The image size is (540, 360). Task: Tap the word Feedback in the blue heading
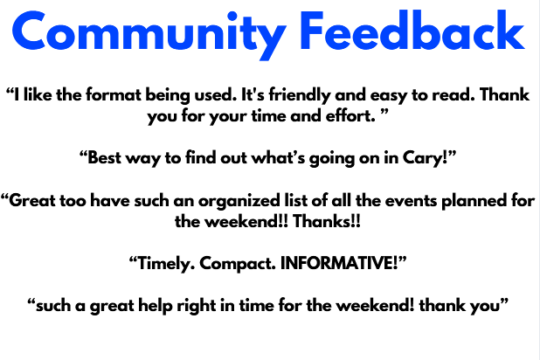click(x=412, y=31)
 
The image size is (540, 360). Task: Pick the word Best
click(x=104, y=158)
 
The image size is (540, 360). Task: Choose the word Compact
click(x=238, y=264)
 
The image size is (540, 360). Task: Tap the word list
click(x=296, y=200)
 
